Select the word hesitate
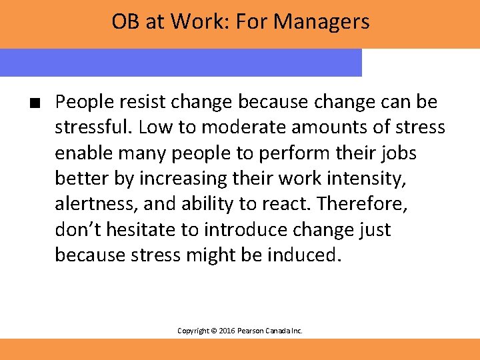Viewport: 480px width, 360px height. click(x=141, y=229)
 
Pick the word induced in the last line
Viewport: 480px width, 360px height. click(x=303, y=255)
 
